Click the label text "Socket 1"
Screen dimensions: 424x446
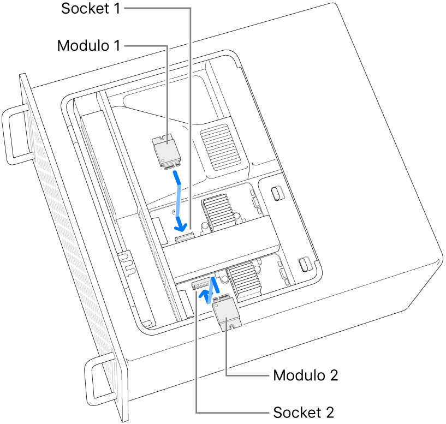(90, 9)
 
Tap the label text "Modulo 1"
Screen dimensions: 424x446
(88, 46)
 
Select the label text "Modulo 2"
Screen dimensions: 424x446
(306, 376)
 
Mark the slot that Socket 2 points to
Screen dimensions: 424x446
(200, 284)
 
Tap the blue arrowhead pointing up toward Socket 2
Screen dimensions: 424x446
(205, 295)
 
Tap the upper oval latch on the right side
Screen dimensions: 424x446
(277, 194)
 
